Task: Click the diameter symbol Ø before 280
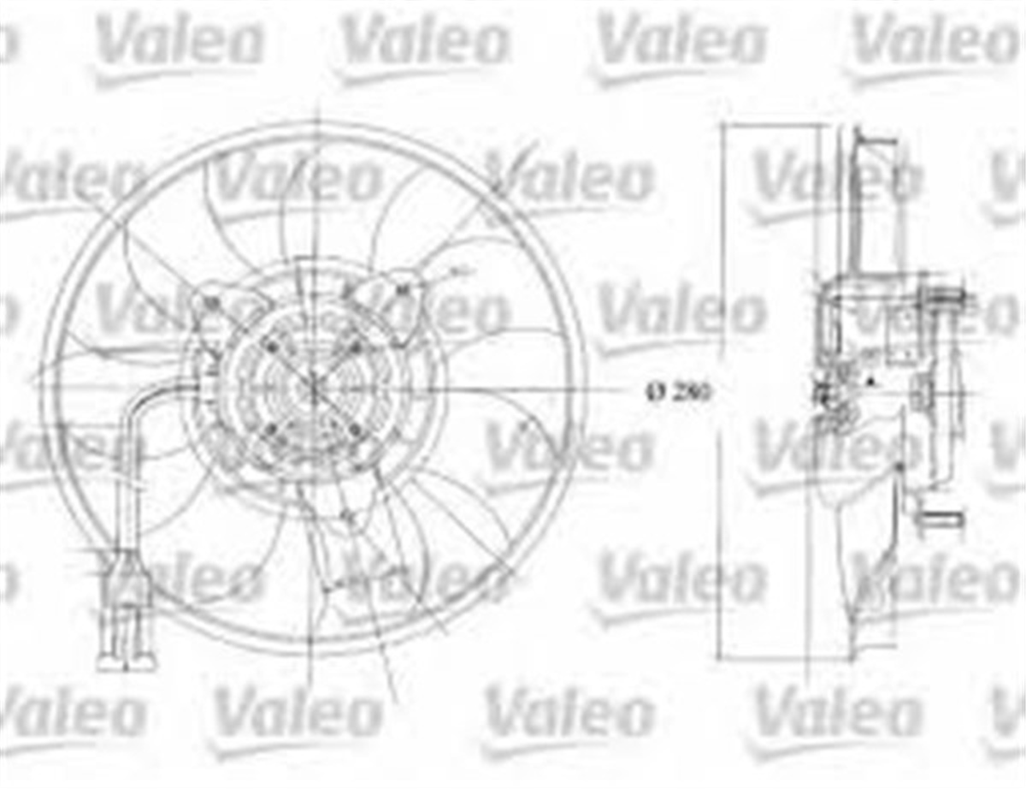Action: coord(656,393)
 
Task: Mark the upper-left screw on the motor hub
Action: coord(272,347)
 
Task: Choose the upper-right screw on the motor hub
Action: coord(356,346)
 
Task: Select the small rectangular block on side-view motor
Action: coord(919,392)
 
